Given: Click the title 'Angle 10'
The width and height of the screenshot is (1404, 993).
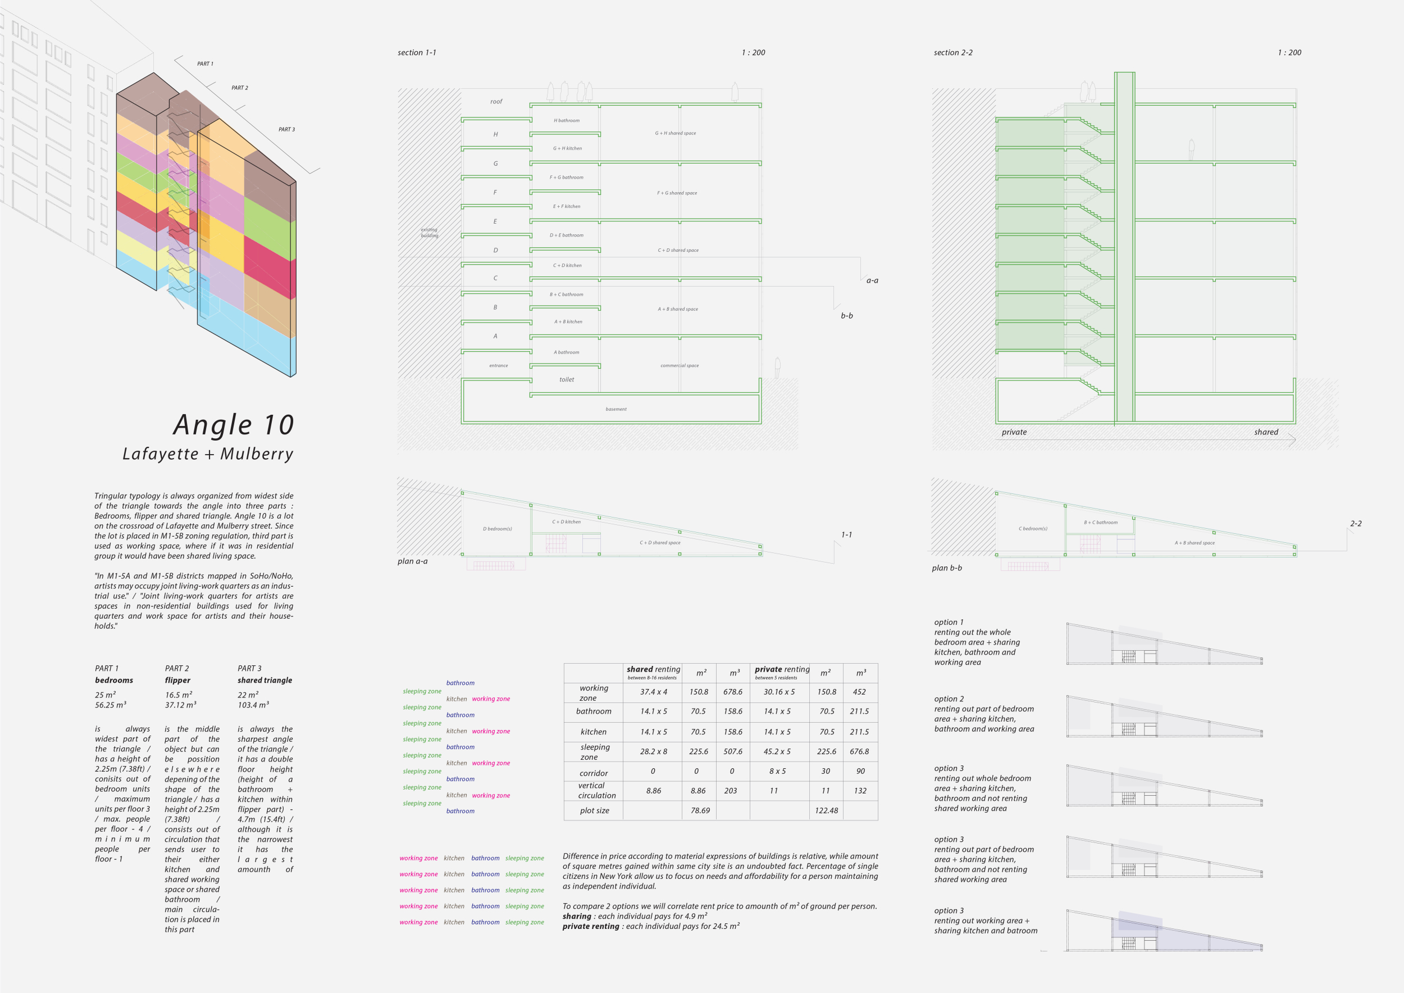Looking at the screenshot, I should pyautogui.click(x=234, y=425).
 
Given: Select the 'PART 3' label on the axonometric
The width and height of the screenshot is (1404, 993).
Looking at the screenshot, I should pyautogui.click(x=286, y=130).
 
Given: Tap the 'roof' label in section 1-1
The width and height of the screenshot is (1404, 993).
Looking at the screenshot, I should pyautogui.click(x=496, y=102).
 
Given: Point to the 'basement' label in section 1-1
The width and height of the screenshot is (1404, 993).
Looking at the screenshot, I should pyautogui.click(x=616, y=409).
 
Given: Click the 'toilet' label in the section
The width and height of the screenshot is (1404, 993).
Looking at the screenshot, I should pyautogui.click(x=566, y=380).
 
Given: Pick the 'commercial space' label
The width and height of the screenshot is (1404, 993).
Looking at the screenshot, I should pyautogui.click(x=679, y=366).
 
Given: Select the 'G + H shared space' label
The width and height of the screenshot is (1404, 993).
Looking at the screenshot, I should pyautogui.click(x=675, y=133).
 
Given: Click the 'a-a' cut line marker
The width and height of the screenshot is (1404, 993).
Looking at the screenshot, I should pyautogui.click(x=872, y=281).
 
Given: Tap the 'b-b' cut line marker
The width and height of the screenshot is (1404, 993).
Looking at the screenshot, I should pyautogui.click(x=846, y=316).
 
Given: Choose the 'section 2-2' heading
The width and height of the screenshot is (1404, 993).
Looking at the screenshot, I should pyautogui.click(x=952, y=53).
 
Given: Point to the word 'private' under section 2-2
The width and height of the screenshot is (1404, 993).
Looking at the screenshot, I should pyautogui.click(x=1014, y=433).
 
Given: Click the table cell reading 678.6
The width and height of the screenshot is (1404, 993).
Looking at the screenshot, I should pyautogui.click(x=732, y=692).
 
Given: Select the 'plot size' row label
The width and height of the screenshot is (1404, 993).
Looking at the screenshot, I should pyautogui.click(x=594, y=811).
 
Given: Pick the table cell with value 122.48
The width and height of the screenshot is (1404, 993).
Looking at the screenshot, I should pyautogui.click(x=826, y=811).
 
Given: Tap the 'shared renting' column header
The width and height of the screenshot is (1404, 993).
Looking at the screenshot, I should pyautogui.click(x=653, y=669).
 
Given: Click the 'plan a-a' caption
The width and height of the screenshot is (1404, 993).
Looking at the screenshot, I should pyautogui.click(x=412, y=561).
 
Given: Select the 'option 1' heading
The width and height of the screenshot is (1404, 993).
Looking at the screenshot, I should pyautogui.click(x=949, y=622).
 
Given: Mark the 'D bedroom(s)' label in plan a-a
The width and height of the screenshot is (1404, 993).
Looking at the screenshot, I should pyautogui.click(x=497, y=529).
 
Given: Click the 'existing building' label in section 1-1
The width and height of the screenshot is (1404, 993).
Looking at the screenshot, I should pyautogui.click(x=429, y=233).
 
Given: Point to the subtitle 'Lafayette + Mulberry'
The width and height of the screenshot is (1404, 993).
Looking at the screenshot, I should pyautogui.click(x=208, y=455).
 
